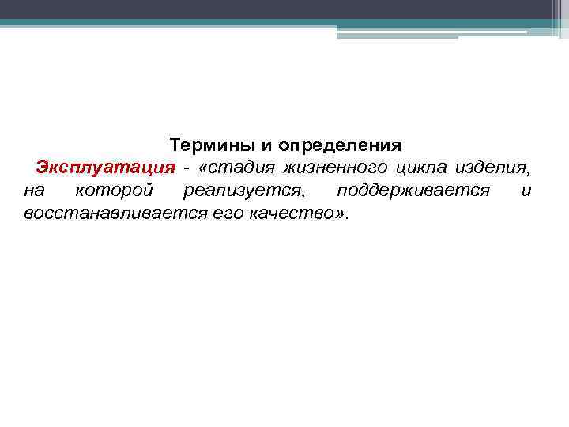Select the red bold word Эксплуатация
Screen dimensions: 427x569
[105, 168]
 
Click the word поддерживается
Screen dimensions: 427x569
[413, 191]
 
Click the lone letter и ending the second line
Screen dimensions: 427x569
[526, 191]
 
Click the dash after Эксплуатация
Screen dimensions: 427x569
[187, 168]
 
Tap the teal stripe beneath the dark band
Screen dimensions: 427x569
[237, 23]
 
